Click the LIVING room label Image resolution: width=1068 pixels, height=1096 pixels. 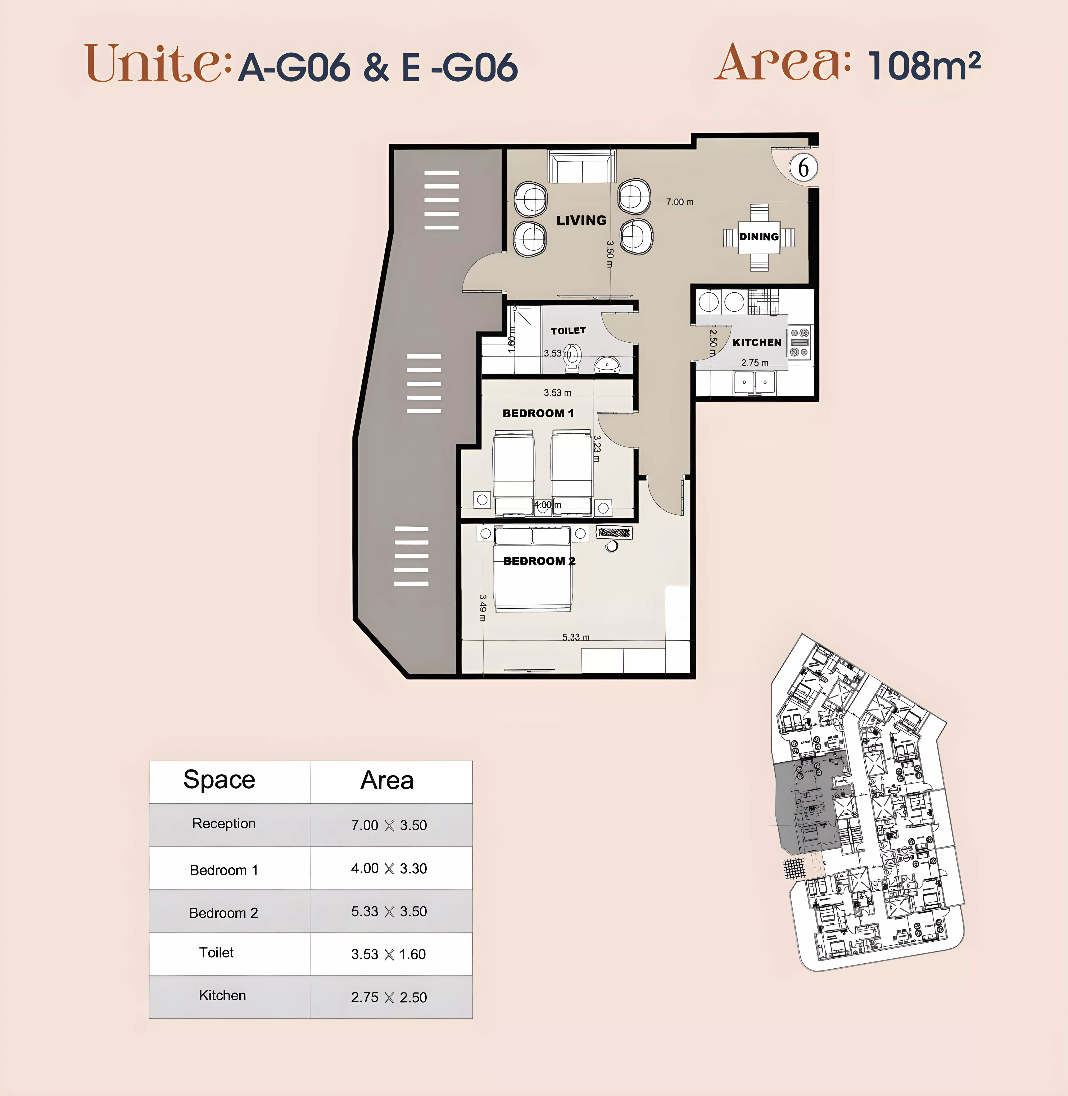(581, 220)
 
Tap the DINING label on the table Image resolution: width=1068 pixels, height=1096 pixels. (759, 237)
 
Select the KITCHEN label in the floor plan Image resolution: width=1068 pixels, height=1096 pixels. (757, 343)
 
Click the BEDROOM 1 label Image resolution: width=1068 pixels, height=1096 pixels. (538, 413)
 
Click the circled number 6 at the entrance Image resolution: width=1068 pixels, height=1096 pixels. (803, 168)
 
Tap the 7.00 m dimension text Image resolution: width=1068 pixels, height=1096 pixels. (679, 202)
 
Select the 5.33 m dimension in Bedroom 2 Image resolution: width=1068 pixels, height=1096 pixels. (575, 638)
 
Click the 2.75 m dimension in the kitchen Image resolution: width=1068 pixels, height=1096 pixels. (755, 363)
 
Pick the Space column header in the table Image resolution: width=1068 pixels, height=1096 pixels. (219, 780)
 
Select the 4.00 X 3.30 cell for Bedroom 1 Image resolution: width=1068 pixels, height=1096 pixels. (389, 868)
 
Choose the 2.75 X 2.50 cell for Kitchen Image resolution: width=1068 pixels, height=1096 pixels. (389, 997)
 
